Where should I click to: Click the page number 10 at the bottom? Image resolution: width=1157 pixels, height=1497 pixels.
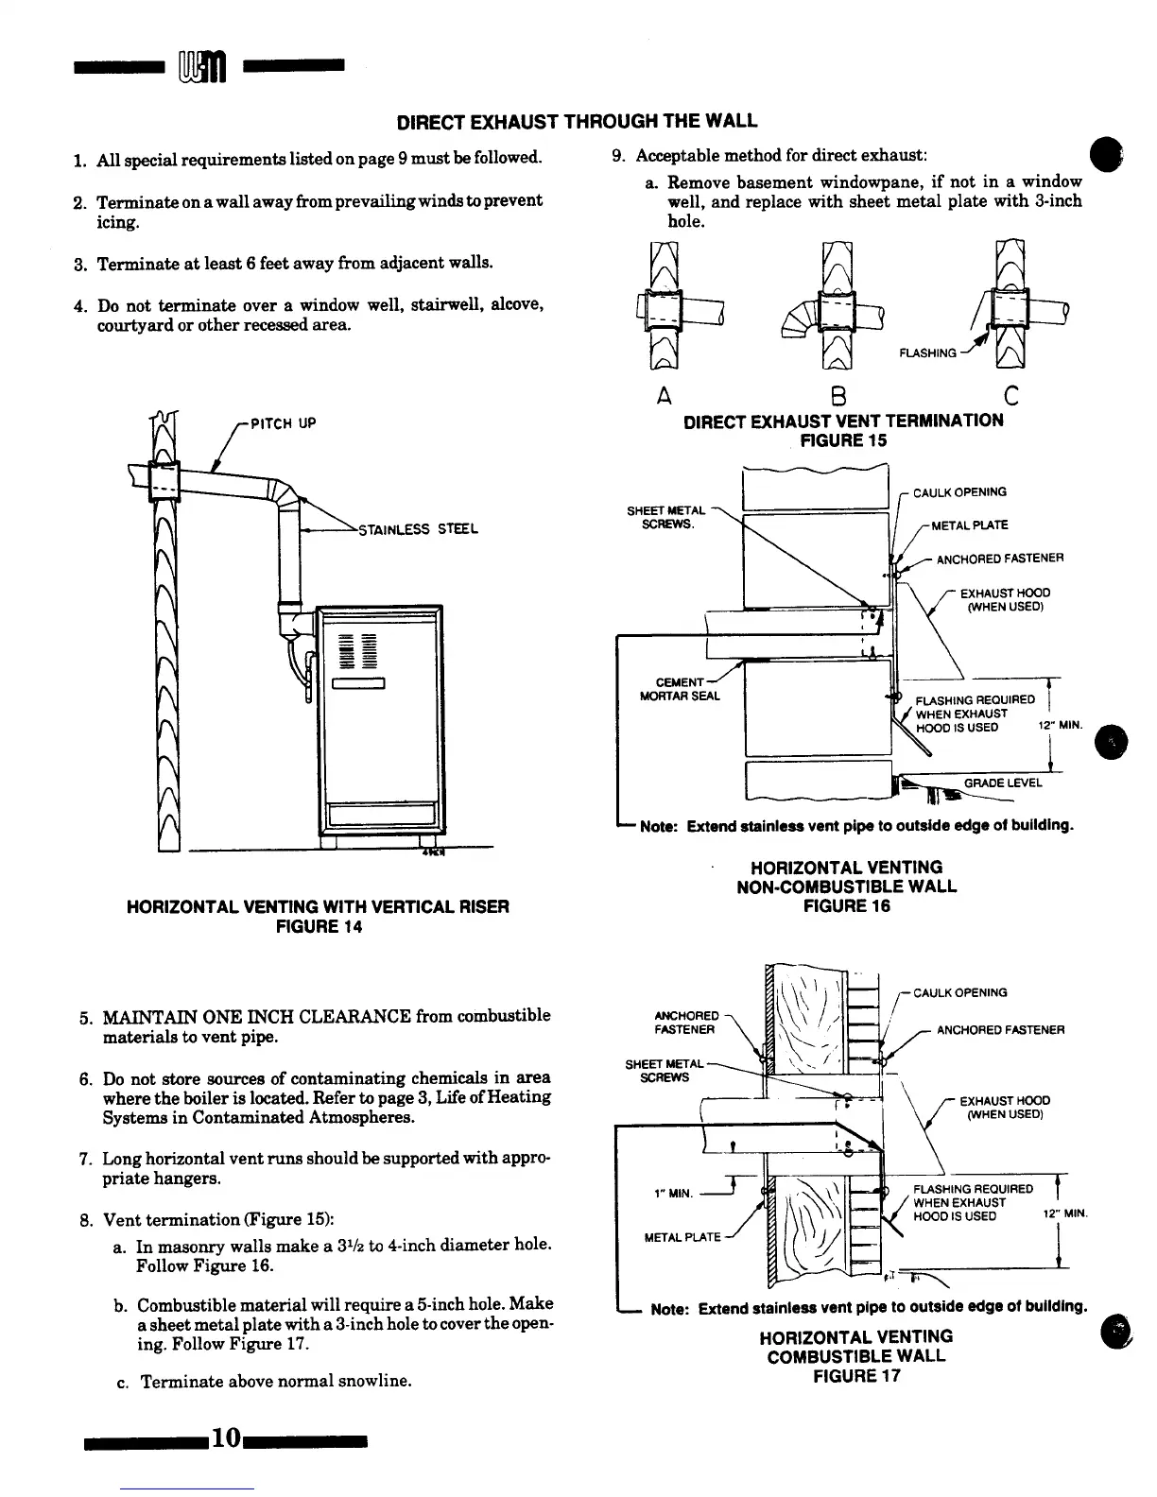click(x=226, y=1437)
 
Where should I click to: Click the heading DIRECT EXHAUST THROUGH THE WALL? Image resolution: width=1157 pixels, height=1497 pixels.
click(x=577, y=121)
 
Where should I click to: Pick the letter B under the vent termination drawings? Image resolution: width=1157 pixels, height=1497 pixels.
click(x=838, y=397)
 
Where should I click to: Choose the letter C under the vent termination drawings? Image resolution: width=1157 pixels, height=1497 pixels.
click(x=1010, y=397)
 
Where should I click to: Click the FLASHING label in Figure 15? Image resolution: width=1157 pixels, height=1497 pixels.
click(x=927, y=353)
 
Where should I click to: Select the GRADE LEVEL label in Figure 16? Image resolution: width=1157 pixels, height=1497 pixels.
click(x=1003, y=783)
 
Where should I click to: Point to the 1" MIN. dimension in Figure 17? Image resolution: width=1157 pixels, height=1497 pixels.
click(x=674, y=1193)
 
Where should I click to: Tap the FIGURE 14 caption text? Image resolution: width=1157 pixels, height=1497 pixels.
click(x=318, y=927)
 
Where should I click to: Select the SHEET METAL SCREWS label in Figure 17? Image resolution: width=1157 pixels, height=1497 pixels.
click(x=658, y=1071)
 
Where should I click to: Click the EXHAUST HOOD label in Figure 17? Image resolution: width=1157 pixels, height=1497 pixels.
click(x=1004, y=1108)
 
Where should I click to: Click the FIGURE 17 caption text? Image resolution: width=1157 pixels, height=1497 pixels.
click(x=856, y=1376)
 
